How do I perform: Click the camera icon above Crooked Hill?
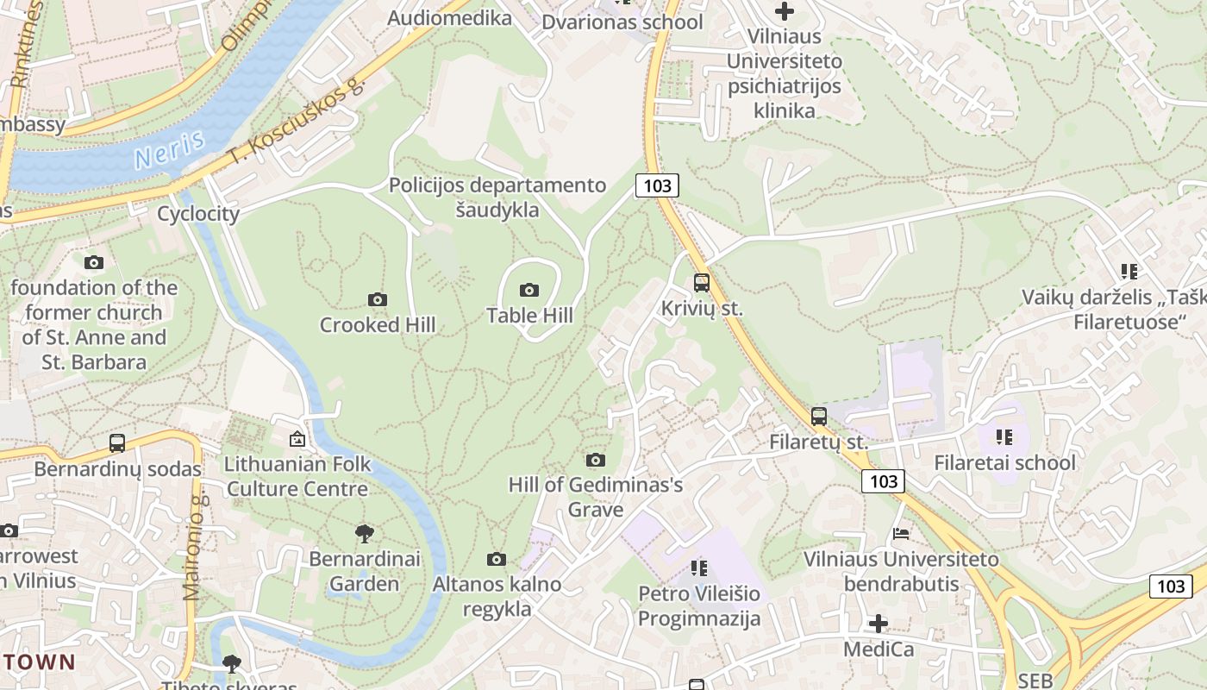click(377, 299)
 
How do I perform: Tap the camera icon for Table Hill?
click(529, 290)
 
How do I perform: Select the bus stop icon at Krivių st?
click(702, 282)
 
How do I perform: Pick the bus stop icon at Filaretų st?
click(819, 417)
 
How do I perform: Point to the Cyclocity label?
click(198, 214)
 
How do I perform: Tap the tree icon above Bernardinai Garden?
click(365, 533)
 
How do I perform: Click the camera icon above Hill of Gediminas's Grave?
click(596, 460)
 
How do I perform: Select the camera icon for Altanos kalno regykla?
click(497, 559)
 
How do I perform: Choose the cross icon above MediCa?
click(879, 623)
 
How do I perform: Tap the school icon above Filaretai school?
click(1004, 437)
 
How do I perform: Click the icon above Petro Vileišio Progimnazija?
click(699, 568)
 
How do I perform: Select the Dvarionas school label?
click(622, 22)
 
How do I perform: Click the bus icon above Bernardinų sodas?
click(117, 443)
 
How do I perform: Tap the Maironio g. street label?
click(193, 548)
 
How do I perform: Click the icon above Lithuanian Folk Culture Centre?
click(297, 439)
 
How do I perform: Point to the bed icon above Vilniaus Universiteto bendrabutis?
click(901, 533)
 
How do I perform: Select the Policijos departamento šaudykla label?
click(497, 197)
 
